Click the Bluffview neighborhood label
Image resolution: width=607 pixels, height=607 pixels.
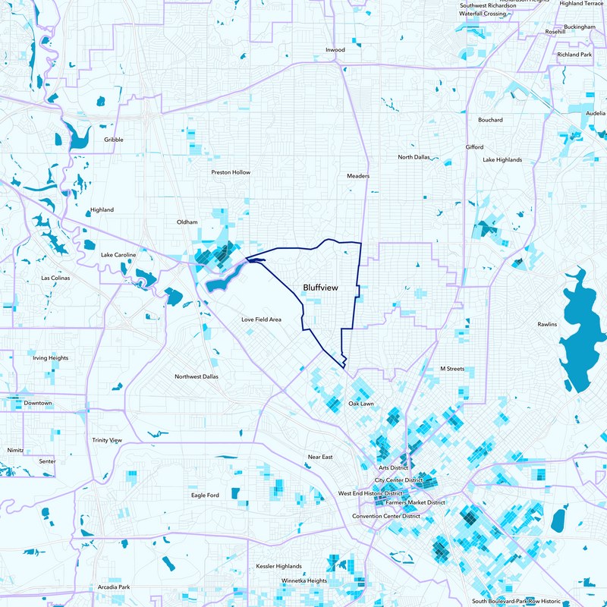tap(319, 288)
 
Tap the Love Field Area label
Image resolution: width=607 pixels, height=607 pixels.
tap(262, 319)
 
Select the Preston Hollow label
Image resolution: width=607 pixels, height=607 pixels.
tap(231, 172)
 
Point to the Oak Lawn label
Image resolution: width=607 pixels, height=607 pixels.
tap(361, 404)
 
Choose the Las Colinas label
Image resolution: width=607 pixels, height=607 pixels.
tap(56, 278)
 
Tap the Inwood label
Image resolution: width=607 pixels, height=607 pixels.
tap(335, 50)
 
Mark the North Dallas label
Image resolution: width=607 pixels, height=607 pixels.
tap(414, 157)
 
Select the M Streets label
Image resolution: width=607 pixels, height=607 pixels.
tap(451, 369)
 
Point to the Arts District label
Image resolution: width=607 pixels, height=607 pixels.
tap(394, 468)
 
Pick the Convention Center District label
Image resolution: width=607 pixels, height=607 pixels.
tap(386, 516)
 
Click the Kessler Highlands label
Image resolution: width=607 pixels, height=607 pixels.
tap(278, 566)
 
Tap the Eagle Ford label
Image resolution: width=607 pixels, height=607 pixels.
tap(205, 495)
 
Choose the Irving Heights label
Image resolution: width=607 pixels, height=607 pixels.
tap(50, 357)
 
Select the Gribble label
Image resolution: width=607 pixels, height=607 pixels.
tap(114, 140)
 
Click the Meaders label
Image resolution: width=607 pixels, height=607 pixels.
tap(358, 176)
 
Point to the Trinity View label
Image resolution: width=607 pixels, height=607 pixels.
tap(107, 440)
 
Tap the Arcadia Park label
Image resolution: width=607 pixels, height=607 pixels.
tap(115, 587)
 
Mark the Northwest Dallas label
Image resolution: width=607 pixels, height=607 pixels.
tap(196, 377)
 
